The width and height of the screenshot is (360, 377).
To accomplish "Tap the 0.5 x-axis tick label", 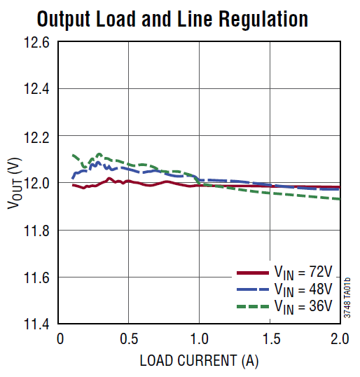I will click(x=128, y=340).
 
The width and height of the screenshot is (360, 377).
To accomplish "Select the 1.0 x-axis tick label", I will click(x=199, y=340).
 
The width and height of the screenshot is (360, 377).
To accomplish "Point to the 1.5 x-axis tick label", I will click(x=269, y=340).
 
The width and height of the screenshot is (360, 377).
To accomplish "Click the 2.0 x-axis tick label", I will click(x=339, y=340).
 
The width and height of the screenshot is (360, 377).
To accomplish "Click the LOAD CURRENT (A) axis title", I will click(x=199, y=361).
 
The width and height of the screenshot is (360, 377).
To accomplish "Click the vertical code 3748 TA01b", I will click(x=347, y=297).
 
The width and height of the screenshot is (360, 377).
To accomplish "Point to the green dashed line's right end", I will click(x=340, y=199).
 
